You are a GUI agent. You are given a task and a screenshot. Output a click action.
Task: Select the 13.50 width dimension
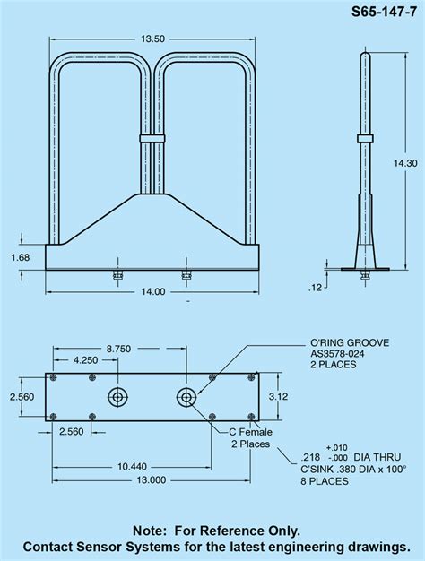click(x=153, y=39)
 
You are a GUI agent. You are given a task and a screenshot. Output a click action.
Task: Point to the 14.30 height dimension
click(x=405, y=163)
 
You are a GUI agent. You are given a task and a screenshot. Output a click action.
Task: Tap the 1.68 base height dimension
click(x=20, y=257)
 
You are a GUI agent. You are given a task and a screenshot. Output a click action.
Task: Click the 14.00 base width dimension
click(x=152, y=290)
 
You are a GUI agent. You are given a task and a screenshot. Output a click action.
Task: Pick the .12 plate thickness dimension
click(x=314, y=287)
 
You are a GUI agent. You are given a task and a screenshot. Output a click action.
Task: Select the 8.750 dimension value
click(x=119, y=347)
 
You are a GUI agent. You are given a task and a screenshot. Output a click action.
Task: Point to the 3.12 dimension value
click(x=279, y=396)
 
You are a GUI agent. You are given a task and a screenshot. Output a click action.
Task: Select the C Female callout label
click(x=249, y=432)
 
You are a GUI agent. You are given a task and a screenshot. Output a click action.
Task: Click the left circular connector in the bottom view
click(x=118, y=396)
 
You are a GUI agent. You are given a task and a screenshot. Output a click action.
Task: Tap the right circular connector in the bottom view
click(x=186, y=396)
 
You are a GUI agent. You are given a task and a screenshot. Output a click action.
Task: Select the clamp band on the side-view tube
click(x=365, y=137)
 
